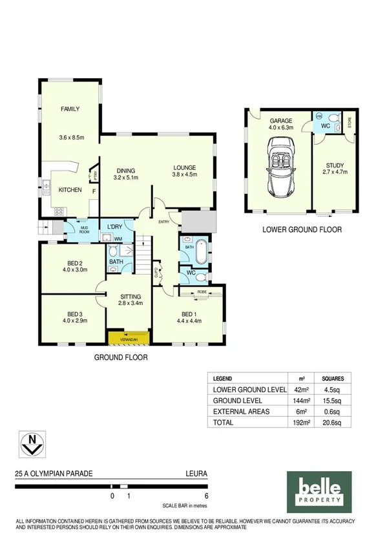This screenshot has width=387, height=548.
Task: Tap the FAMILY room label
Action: [70, 109]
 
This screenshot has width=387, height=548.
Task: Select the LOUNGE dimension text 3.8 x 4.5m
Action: [184, 174]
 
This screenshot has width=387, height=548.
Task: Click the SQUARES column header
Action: [333, 379]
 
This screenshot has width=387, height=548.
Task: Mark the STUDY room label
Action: [335, 165]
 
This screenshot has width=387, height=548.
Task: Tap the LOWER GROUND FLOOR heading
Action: [302, 229]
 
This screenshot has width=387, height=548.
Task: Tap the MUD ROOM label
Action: [84, 229]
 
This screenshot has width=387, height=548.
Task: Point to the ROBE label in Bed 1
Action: [202, 292]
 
